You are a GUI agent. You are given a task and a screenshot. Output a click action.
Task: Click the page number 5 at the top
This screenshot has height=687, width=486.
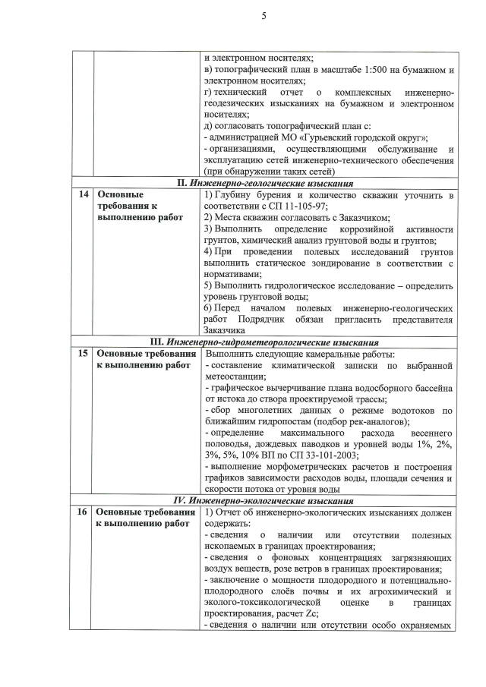pos(243,16)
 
